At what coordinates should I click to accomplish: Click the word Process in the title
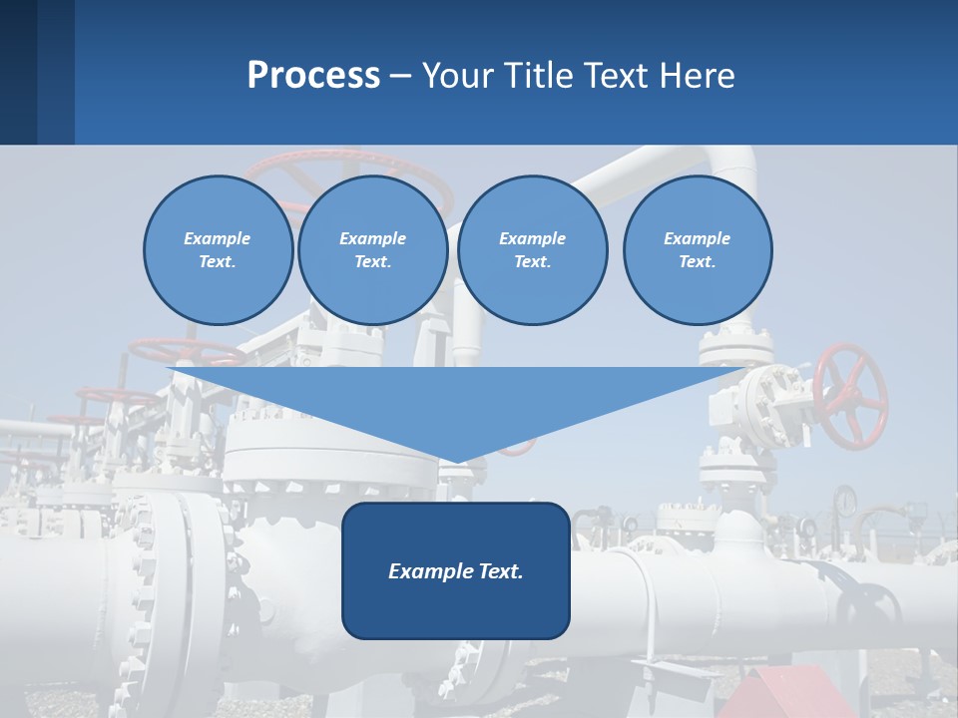[313, 76]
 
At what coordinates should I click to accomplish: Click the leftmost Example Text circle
[219, 250]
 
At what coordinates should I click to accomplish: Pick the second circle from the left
[373, 250]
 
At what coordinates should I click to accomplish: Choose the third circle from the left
[533, 250]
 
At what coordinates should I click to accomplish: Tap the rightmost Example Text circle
[698, 250]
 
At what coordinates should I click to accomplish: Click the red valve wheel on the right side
[850, 397]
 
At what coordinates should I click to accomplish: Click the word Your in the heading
[458, 76]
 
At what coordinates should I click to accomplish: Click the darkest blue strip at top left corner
[18, 72]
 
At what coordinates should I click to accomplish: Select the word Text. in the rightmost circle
[697, 262]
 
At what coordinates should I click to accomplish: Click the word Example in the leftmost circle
[218, 238]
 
